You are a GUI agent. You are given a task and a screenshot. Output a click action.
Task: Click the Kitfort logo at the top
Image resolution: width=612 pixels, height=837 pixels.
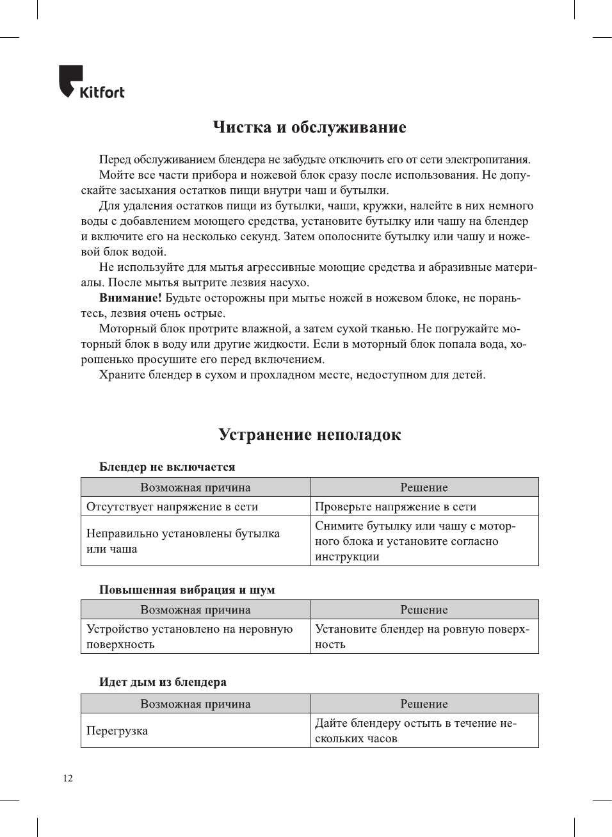point(92,83)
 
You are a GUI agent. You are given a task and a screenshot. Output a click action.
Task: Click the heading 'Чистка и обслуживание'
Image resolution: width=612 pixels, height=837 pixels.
point(309,127)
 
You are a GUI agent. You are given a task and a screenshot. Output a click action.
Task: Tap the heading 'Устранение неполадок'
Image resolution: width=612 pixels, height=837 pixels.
point(309,435)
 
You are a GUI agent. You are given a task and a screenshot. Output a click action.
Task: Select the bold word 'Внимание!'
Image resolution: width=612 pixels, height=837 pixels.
point(130,298)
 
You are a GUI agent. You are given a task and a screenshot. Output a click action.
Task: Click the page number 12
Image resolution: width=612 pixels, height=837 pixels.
point(68,778)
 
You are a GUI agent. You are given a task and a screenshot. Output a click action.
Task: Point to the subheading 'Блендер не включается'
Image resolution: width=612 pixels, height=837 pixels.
point(167,467)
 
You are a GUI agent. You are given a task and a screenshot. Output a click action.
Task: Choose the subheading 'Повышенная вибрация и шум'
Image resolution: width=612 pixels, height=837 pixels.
point(187,590)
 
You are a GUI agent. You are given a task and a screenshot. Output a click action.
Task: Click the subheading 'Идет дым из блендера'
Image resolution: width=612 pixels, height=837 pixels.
point(163,682)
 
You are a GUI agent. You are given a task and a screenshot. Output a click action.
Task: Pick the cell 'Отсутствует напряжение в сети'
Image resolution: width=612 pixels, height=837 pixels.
point(172,507)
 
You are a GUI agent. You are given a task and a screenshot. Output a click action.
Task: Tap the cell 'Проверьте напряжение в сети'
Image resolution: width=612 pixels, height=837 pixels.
point(396,507)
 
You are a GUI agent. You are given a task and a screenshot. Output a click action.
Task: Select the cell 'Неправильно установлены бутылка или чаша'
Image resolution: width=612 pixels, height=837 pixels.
point(183,541)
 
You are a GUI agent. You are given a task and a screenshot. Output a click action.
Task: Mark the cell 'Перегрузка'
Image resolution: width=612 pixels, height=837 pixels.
point(117,731)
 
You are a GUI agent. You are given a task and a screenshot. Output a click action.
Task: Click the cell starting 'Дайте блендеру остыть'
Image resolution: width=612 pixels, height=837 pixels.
point(415,731)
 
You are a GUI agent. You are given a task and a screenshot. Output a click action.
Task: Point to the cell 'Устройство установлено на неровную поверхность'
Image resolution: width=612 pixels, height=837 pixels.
point(189,637)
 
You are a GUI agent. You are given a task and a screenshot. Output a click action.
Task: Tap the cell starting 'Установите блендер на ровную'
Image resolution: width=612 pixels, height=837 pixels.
point(422,637)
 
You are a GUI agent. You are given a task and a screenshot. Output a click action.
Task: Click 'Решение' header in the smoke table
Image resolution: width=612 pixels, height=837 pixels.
point(424,704)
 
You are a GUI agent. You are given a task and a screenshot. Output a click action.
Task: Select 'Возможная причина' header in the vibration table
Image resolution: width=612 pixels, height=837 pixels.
point(195,610)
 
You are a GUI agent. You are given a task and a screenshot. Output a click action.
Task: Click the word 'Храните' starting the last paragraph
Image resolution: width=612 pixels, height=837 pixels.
point(122,375)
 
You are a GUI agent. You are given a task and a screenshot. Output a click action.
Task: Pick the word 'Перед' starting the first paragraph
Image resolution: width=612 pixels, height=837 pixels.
point(115,159)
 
